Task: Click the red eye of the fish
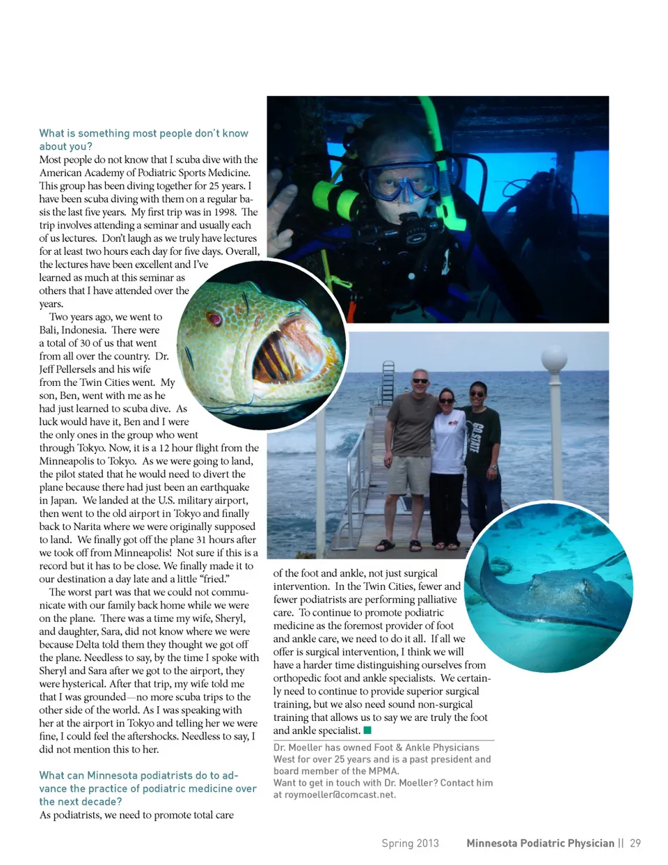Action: pyautogui.click(x=214, y=319)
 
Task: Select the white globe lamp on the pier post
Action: pyautogui.click(x=555, y=360)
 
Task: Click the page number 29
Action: pyautogui.click(x=635, y=843)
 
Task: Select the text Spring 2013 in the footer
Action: pyautogui.click(x=410, y=843)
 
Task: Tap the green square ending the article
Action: pyautogui.click(x=367, y=731)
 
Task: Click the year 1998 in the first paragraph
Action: pyautogui.click(x=225, y=212)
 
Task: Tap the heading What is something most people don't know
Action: pyautogui.click(x=143, y=133)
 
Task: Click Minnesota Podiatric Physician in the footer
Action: pyautogui.click(x=540, y=843)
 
